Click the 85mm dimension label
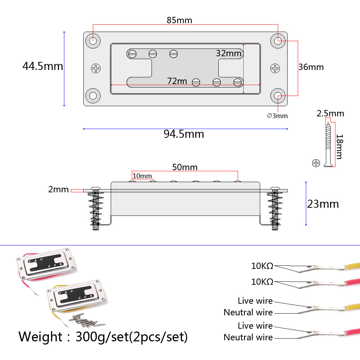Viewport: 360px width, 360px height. click(179, 20)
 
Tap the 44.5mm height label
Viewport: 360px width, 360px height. click(43, 66)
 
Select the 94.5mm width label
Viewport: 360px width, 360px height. click(184, 134)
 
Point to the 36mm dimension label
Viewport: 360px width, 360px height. click(311, 67)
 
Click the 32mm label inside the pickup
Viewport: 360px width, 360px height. click(229, 53)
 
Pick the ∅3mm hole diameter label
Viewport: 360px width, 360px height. click(277, 116)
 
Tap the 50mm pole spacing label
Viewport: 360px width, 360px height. click(185, 167)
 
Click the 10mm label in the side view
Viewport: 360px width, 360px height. click(142, 176)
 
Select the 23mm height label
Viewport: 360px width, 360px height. click(323, 204)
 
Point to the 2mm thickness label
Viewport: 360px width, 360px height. click(58, 190)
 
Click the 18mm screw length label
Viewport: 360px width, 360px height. click(339, 146)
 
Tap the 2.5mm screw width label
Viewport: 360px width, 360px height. click(330, 114)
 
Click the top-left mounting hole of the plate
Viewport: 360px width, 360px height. click(93, 40)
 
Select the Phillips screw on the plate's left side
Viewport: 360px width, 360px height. click(96, 69)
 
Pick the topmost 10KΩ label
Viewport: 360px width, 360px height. click(262, 266)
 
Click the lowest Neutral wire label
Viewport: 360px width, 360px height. click(248, 337)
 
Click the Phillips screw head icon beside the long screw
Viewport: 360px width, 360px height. click(316, 163)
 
